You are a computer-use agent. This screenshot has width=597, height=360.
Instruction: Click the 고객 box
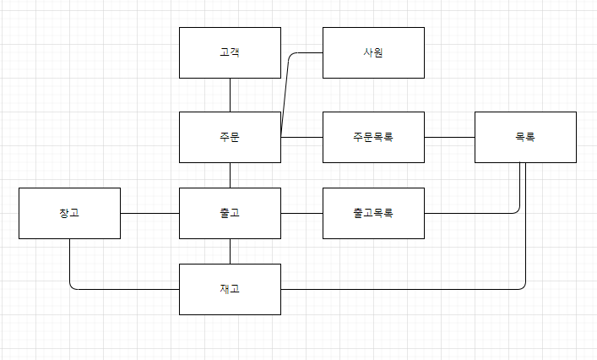pyautogui.click(x=230, y=52)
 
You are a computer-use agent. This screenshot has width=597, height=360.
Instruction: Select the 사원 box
pyautogui.click(x=373, y=52)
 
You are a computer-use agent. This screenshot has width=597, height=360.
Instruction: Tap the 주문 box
pyautogui.click(x=230, y=137)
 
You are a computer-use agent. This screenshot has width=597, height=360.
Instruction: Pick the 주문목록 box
pyautogui.click(x=373, y=137)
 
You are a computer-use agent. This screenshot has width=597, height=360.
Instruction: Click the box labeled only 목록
pyautogui.click(x=525, y=137)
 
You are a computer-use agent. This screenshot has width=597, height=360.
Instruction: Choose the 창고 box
pyautogui.click(x=69, y=213)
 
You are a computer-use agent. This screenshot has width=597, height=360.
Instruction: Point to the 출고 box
pyautogui.click(x=230, y=213)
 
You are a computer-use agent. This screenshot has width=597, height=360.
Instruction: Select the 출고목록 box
pyautogui.click(x=373, y=213)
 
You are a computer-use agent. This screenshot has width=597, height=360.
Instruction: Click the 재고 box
pyautogui.click(x=230, y=289)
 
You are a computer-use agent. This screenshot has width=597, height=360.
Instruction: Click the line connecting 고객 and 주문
pyautogui.click(x=230, y=95)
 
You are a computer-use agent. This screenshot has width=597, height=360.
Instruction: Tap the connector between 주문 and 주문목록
pyautogui.click(x=302, y=137)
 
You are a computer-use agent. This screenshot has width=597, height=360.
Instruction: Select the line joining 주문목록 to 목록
pyautogui.click(x=449, y=137)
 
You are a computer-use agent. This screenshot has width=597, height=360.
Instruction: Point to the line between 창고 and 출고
pyautogui.click(x=149, y=213)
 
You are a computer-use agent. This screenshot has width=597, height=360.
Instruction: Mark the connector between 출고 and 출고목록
pyautogui.click(x=301, y=213)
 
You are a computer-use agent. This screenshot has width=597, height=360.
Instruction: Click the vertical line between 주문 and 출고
pyautogui.click(x=230, y=175)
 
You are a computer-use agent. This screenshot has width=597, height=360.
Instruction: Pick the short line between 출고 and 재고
pyautogui.click(x=230, y=251)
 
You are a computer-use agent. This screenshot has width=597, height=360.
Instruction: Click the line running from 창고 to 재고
pyautogui.click(x=118, y=289)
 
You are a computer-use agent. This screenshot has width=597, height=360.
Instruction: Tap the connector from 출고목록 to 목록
pyautogui.click(x=473, y=213)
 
